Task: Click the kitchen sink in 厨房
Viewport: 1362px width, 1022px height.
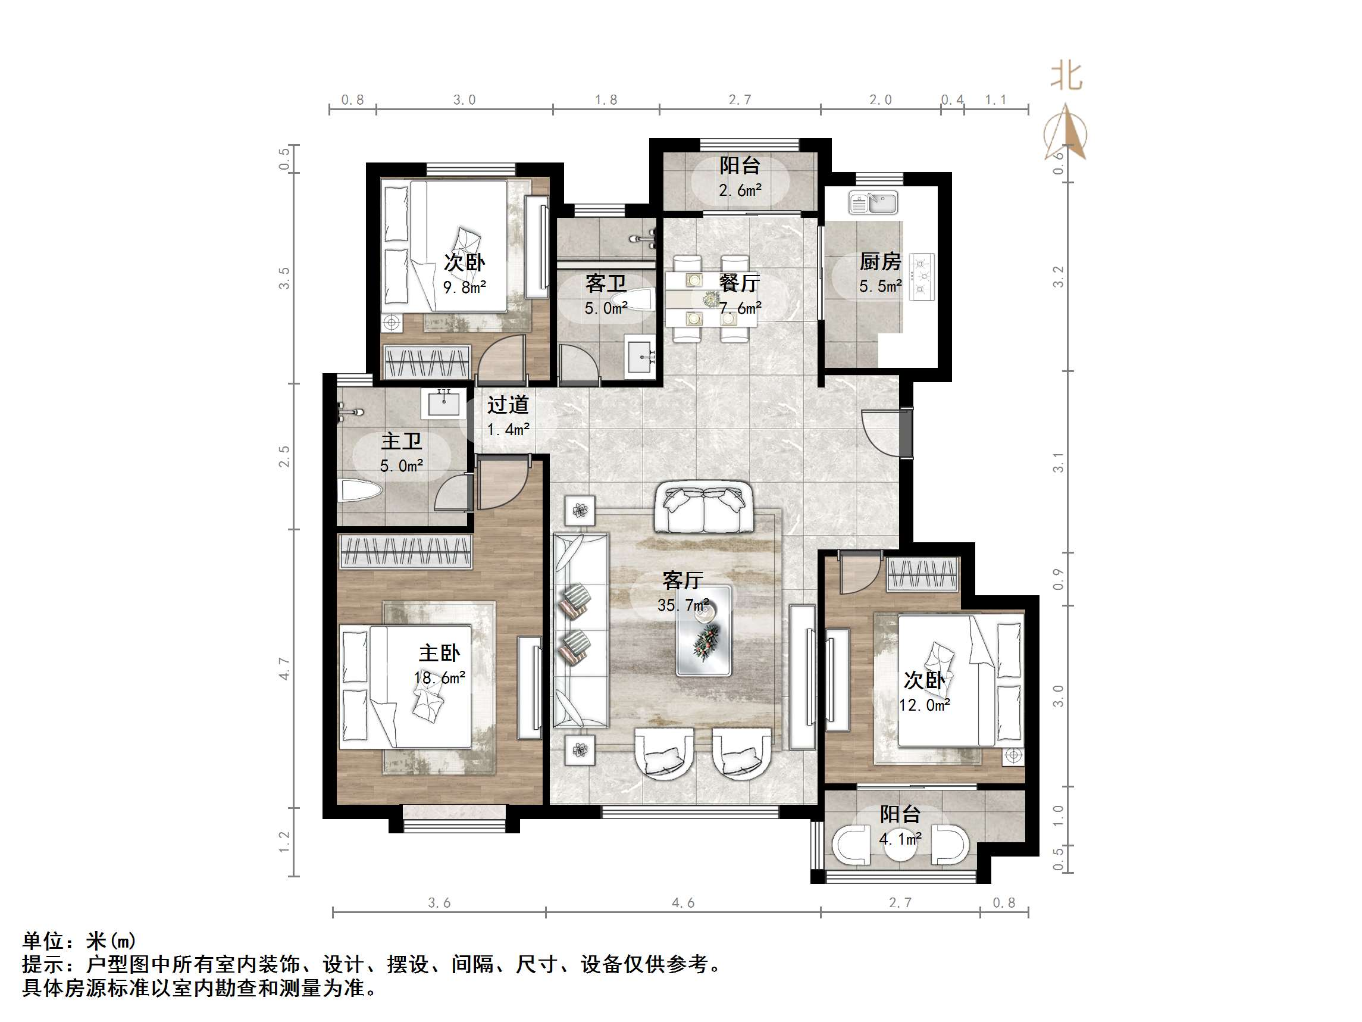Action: (873, 203)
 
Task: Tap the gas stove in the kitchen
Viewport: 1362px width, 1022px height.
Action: (922, 277)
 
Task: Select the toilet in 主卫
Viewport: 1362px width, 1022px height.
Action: (361, 491)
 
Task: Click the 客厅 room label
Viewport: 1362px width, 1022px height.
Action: (683, 580)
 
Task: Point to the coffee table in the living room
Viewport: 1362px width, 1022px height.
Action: (704, 630)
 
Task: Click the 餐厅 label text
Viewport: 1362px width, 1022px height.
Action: (740, 283)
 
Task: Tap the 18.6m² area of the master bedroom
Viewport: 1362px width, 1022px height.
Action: (439, 678)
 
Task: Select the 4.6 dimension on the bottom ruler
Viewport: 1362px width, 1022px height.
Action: (683, 903)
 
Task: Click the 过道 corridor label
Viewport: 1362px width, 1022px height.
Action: (508, 405)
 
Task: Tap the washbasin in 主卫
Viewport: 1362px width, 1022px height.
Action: (443, 403)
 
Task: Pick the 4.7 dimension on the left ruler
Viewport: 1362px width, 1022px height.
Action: (284, 668)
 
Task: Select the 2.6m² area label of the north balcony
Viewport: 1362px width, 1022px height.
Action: (740, 190)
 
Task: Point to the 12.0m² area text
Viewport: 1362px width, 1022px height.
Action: (924, 705)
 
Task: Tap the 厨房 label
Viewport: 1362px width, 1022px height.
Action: (881, 262)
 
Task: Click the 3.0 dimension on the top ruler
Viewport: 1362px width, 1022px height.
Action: (464, 100)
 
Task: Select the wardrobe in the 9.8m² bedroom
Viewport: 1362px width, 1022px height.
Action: (427, 362)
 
